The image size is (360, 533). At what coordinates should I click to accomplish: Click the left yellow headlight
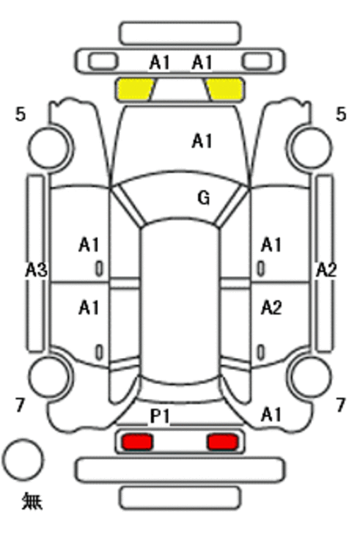pos(134,90)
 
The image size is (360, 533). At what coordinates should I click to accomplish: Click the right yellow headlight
pos(226,90)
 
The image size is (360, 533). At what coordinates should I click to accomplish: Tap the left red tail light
pos(138,442)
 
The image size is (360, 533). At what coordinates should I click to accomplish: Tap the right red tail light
pos(222,442)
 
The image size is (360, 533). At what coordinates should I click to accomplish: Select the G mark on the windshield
pos(203,198)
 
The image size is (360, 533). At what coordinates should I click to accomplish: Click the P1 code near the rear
pos(160,416)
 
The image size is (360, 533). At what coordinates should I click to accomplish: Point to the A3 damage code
pos(37,270)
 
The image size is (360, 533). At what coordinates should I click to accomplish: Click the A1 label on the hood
pos(203,140)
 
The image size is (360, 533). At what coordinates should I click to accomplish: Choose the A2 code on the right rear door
pos(271,309)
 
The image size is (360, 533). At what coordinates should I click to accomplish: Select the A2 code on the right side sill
pos(326,270)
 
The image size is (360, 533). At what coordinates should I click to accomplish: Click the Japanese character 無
pos(32,501)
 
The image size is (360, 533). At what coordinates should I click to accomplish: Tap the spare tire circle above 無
pos(23,460)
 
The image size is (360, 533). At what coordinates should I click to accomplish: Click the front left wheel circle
pos(49,148)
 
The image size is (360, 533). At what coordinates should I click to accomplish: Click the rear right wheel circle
pos(311,377)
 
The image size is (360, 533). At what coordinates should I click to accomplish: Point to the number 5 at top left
pos(20,114)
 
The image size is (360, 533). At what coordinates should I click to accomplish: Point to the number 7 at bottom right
pos(341,405)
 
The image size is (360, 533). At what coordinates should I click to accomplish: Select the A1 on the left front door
pos(89,245)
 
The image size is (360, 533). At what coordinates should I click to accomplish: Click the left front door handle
pos(99,269)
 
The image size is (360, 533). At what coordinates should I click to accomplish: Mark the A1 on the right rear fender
pos(271,414)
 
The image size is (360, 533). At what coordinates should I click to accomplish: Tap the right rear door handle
pos(260,352)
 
